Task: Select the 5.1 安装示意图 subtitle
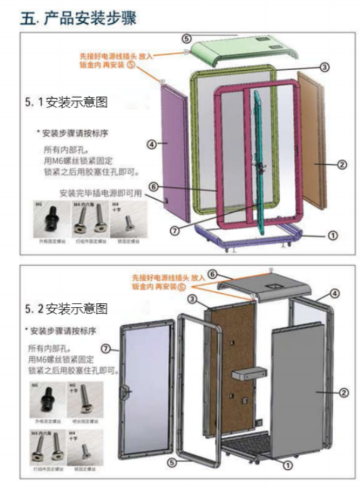tap(66, 102)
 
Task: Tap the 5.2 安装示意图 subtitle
tap(66, 309)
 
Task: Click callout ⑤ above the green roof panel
tap(186, 38)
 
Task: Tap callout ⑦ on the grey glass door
tap(106, 348)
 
